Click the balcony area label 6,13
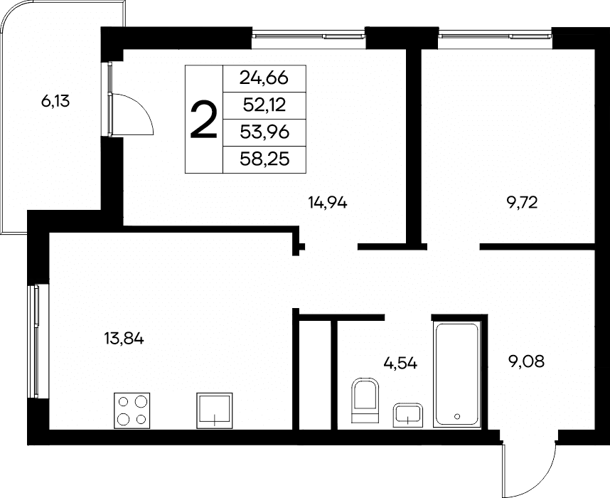[x=55, y=102]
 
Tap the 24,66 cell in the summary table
[x=264, y=78]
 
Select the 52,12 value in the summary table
[x=264, y=105]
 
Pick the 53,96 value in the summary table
[x=264, y=132]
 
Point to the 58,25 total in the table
[x=264, y=159]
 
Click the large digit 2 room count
[x=203, y=119]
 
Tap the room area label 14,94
[x=328, y=203]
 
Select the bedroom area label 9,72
[x=522, y=203]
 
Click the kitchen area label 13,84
[x=124, y=339]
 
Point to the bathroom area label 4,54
[x=400, y=364]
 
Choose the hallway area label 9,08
[x=527, y=361]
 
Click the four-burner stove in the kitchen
[x=132, y=410]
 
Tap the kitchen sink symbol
[x=215, y=410]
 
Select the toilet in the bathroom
[x=365, y=401]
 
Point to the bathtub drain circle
[x=457, y=416]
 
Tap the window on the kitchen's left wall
[x=34, y=341]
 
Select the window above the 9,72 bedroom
[x=495, y=36]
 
